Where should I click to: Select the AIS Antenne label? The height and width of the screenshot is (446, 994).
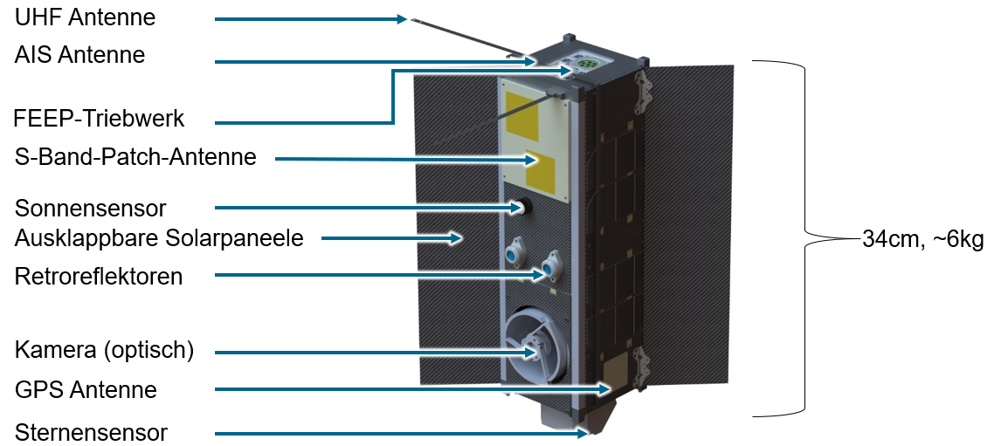[x=79, y=55]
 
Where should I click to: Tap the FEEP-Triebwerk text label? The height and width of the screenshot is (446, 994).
[x=100, y=118]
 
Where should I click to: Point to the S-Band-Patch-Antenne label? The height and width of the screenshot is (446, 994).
[x=135, y=157]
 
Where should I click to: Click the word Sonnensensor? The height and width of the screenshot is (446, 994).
[x=90, y=209]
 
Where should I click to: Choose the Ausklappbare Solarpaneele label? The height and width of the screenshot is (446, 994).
[x=159, y=237]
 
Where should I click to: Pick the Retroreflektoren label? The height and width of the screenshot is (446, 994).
[x=99, y=277]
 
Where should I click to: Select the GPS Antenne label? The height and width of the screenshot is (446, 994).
[x=86, y=389]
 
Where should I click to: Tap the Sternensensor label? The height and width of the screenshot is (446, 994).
[x=91, y=432]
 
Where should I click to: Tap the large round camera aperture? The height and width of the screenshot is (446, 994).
[x=533, y=348]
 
